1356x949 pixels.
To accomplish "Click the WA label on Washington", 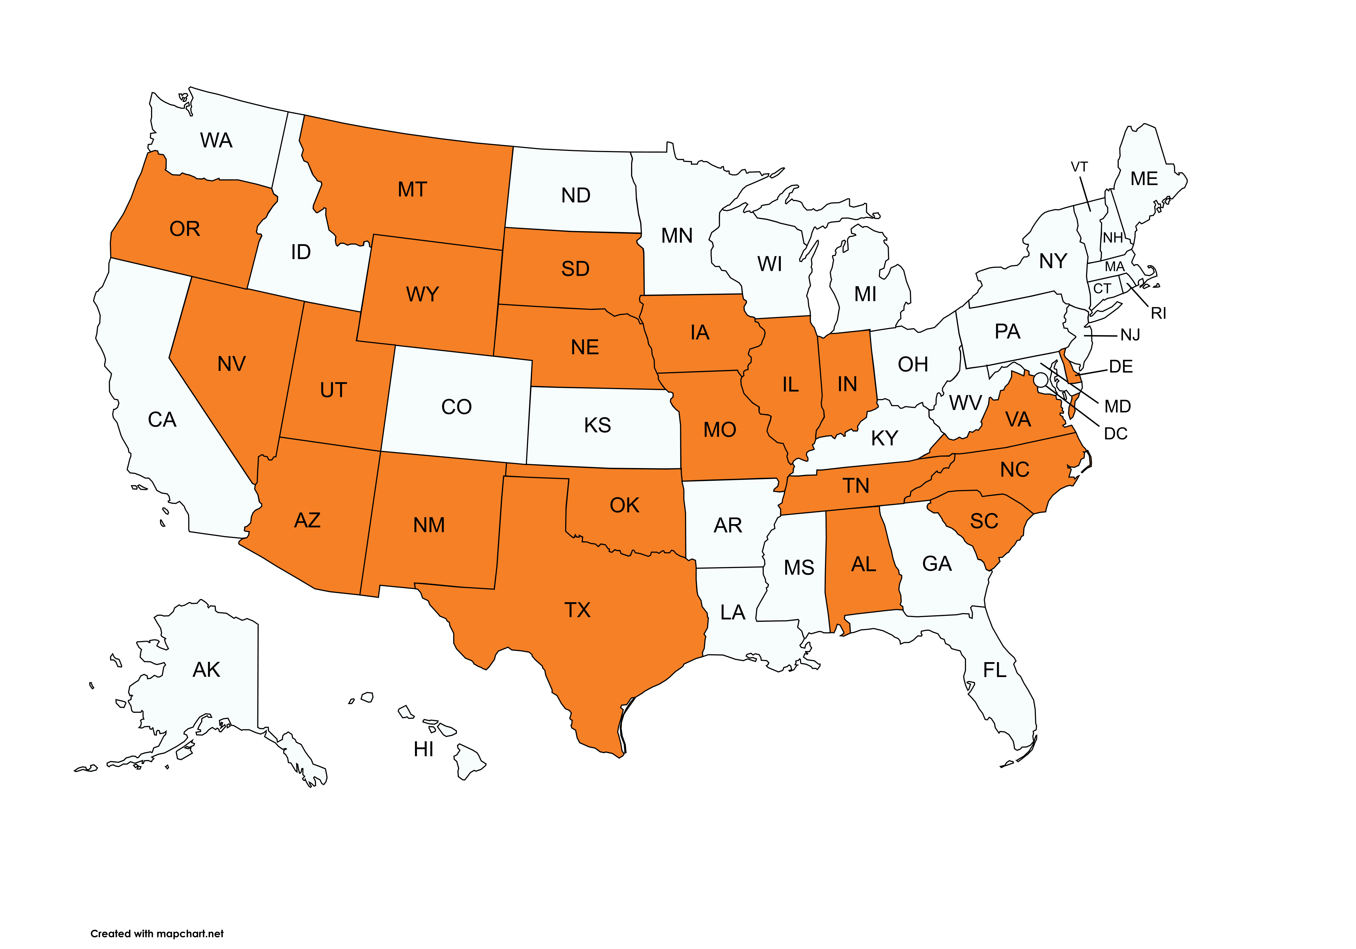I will [216, 140].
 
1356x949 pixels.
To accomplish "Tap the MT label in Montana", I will [412, 190].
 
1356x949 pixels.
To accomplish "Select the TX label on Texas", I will [577, 610].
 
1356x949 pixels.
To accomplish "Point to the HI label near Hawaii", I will [423, 749].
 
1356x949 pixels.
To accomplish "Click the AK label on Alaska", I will [206, 670].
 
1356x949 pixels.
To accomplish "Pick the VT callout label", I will [1079, 167].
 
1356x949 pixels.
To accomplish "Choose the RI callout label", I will [1158, 314].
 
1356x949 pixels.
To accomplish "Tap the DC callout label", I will [1116, 434].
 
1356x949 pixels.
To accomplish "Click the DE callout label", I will [1120, 367].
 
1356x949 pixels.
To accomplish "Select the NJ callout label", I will [1130, 335].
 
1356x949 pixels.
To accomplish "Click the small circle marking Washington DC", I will [1041, 379].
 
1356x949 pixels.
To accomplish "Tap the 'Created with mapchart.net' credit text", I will [157, 934].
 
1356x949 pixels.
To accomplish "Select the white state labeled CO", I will [456, 407].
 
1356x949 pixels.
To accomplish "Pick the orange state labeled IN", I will [847, 384].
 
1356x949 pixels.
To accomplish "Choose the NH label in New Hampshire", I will [1113, 238].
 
